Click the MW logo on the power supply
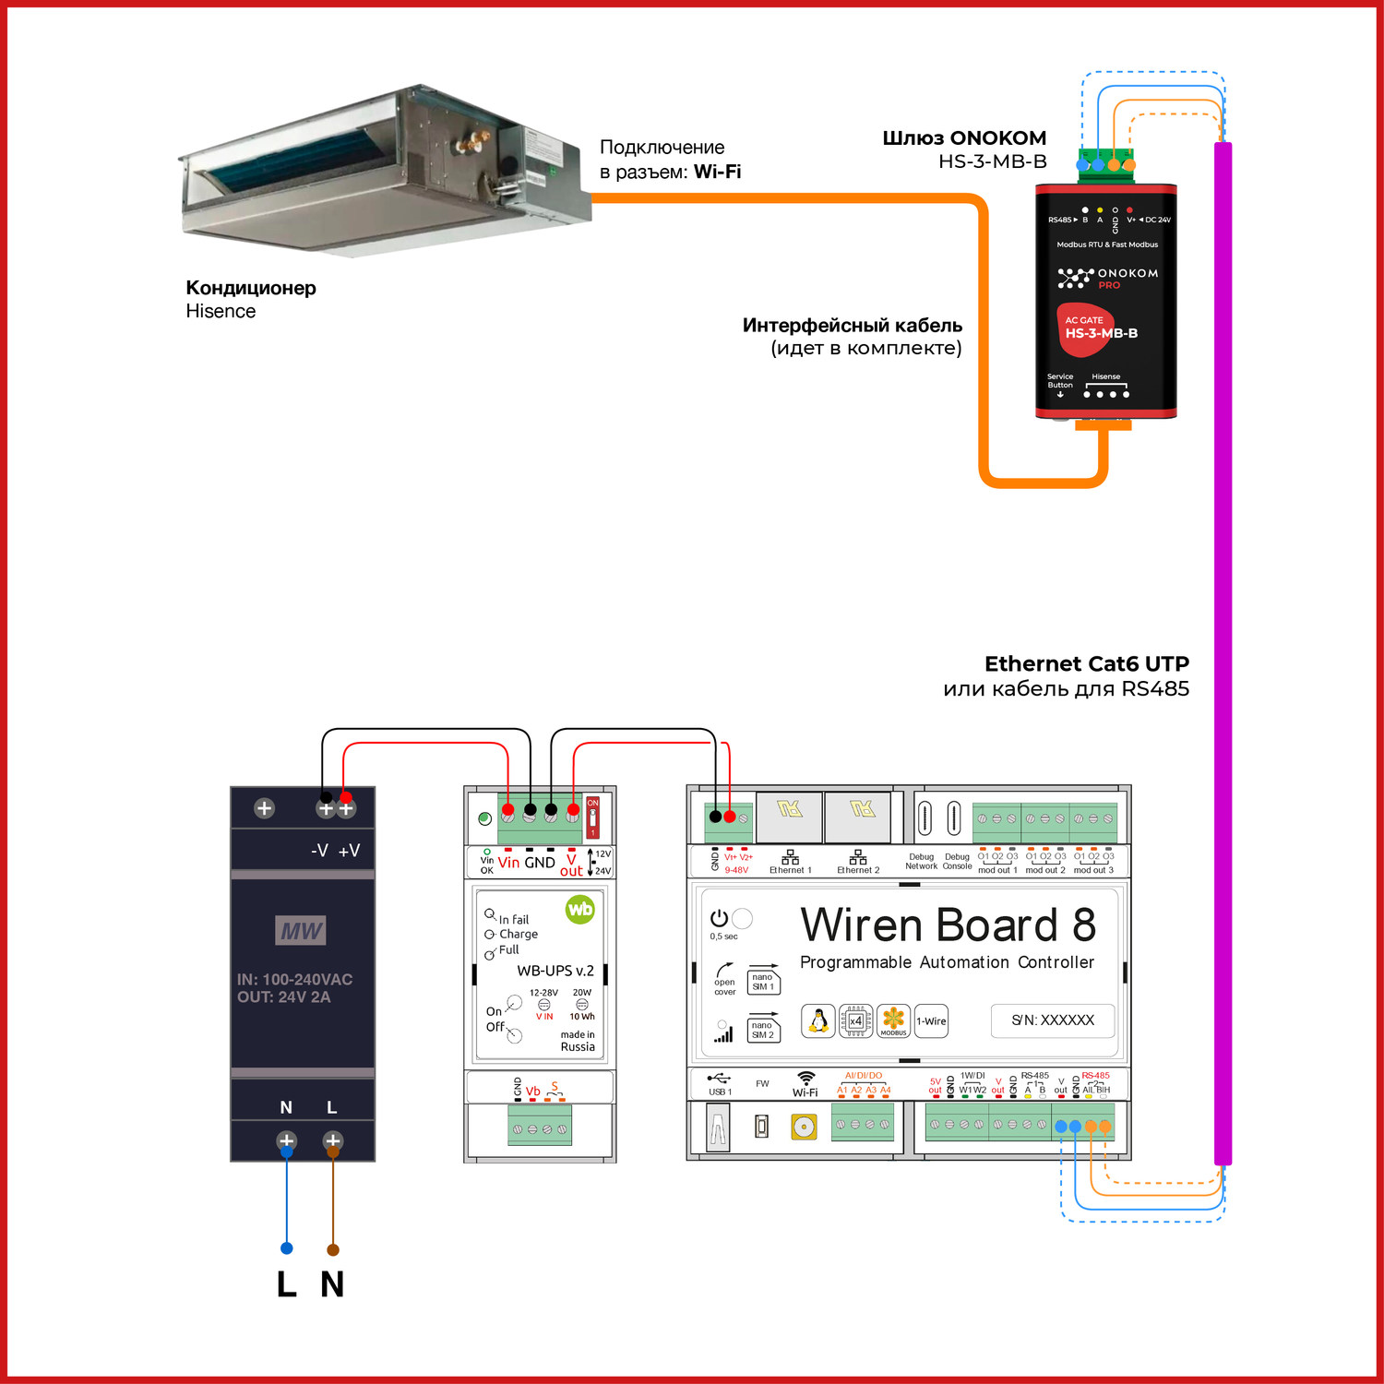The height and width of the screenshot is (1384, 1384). point(301,930)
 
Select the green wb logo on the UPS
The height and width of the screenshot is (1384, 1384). point(580,910)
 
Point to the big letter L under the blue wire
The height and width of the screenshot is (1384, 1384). point(287,1283)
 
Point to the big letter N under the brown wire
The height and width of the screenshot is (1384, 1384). point(332,1283)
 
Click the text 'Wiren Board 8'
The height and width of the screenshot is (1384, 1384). point(948,925)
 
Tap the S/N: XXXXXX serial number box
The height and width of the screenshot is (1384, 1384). point(1053,1020)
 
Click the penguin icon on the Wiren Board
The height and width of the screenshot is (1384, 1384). point(817,1020)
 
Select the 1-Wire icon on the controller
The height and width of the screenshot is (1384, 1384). point(931,1021)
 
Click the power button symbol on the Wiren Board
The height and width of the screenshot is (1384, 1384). point(719,918)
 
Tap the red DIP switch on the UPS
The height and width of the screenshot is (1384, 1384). point(592,817)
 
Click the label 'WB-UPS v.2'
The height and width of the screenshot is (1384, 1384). point(555,971)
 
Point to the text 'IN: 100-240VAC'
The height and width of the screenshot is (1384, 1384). point(294,979)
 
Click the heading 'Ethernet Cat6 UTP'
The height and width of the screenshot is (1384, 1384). point(1086,664)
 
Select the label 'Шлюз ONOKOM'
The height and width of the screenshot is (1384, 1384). point(964,138)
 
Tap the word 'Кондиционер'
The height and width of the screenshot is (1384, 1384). point(251,288)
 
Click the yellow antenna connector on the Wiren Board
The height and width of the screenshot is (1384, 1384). point(804,1127)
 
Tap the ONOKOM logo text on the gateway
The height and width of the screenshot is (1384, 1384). point(1127,274)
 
